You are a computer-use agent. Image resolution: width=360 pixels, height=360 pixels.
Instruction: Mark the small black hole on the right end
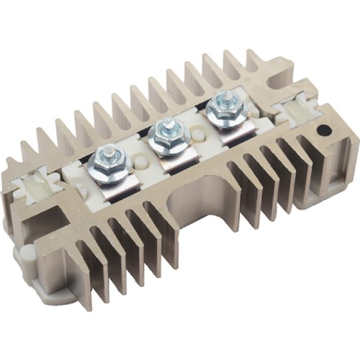click(324, 131)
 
